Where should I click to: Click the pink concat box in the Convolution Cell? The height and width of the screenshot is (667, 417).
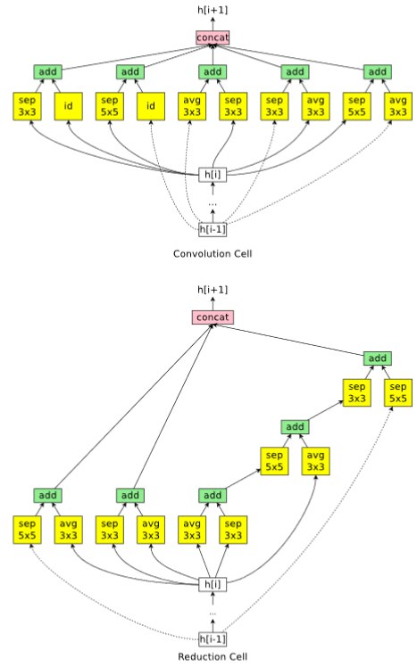(213, 37)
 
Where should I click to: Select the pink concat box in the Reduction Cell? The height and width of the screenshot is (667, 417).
(213, 317)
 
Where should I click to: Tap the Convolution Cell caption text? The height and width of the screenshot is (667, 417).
(213, 254)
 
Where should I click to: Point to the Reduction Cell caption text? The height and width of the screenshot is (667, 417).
(213, 657)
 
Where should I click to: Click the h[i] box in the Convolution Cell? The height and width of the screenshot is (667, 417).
(213, 175)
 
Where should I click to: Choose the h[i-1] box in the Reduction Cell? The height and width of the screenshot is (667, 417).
(213, 639)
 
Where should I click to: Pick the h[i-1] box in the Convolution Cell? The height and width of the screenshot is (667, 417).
(213, 230)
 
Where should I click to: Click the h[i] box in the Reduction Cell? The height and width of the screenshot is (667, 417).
(213, 584)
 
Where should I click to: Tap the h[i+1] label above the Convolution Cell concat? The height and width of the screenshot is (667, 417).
(213, 10)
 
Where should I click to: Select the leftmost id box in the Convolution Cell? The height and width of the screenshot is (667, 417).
(68, 106)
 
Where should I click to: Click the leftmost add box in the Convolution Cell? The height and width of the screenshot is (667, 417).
(47, 72)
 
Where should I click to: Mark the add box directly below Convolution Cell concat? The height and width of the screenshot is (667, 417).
(213, 72)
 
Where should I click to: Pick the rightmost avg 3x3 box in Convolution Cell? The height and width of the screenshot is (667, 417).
(398, 106)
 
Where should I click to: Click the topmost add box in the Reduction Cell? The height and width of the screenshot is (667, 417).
(378, 358)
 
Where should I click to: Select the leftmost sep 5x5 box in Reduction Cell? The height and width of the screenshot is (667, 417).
(27, 530)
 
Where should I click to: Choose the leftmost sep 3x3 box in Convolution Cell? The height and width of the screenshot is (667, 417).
(27, 106)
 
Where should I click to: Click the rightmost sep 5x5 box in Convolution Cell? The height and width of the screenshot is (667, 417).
(357, 106)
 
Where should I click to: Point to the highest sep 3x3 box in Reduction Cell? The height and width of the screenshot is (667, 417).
(357, 392)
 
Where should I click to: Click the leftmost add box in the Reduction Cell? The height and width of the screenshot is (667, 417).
(47, 495)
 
